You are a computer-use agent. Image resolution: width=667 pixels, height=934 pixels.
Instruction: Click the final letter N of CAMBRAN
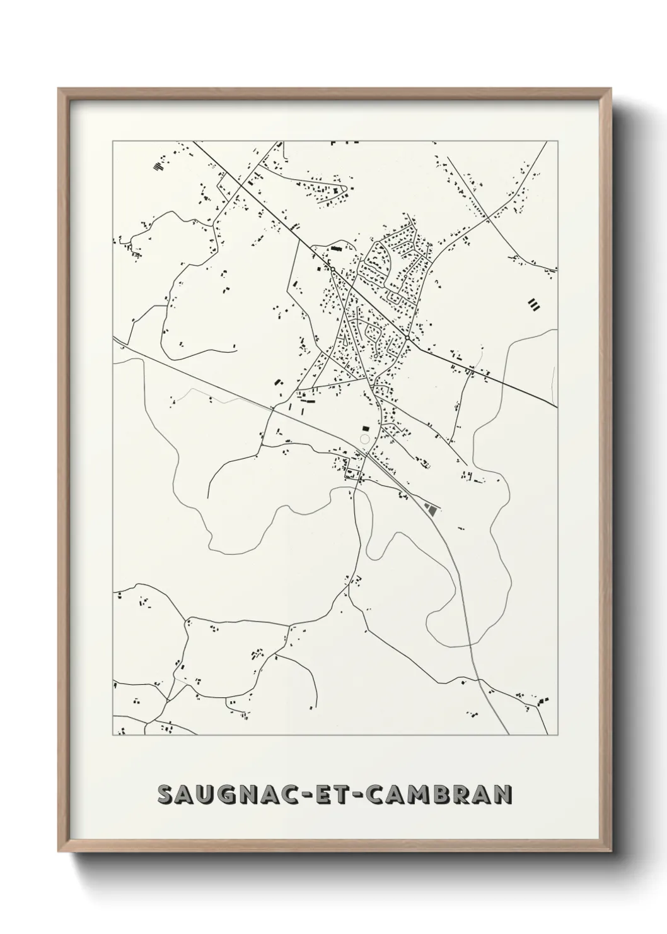pos(501,795)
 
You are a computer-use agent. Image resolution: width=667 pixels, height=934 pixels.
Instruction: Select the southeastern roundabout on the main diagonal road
pos(408,338)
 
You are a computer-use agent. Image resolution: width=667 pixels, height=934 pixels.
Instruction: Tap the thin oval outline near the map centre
pos(364,439)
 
